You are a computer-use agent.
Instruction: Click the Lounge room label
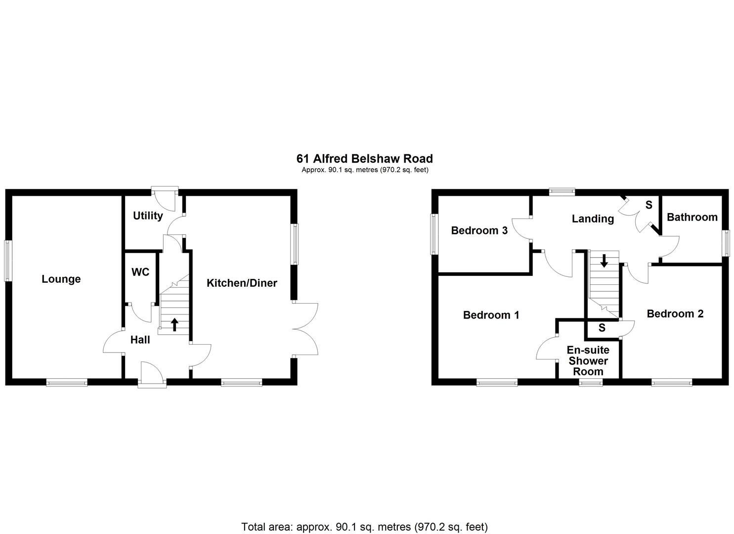pos(61,279)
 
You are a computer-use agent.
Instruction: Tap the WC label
pos(140,272)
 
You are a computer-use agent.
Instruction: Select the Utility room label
pos(148,216)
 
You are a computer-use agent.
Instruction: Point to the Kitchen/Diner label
pos(242,283)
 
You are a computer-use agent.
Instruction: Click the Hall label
pos(140,340)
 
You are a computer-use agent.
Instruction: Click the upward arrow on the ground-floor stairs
pos(174,324)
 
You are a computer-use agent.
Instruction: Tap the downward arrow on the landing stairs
pos(604,261)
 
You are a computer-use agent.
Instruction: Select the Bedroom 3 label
pos(479,230)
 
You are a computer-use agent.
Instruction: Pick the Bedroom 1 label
pos(491,315)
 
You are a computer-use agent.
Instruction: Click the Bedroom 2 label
pos(675,313)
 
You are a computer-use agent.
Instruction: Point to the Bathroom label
pos(692,217)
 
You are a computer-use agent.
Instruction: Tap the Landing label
pos(593,219)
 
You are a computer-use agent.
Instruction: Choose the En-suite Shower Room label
pos(588,361)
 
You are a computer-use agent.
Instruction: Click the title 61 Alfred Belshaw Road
pos(364,159)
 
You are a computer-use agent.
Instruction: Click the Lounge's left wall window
pos(8,261)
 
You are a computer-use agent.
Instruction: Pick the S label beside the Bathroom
pos(648,205)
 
